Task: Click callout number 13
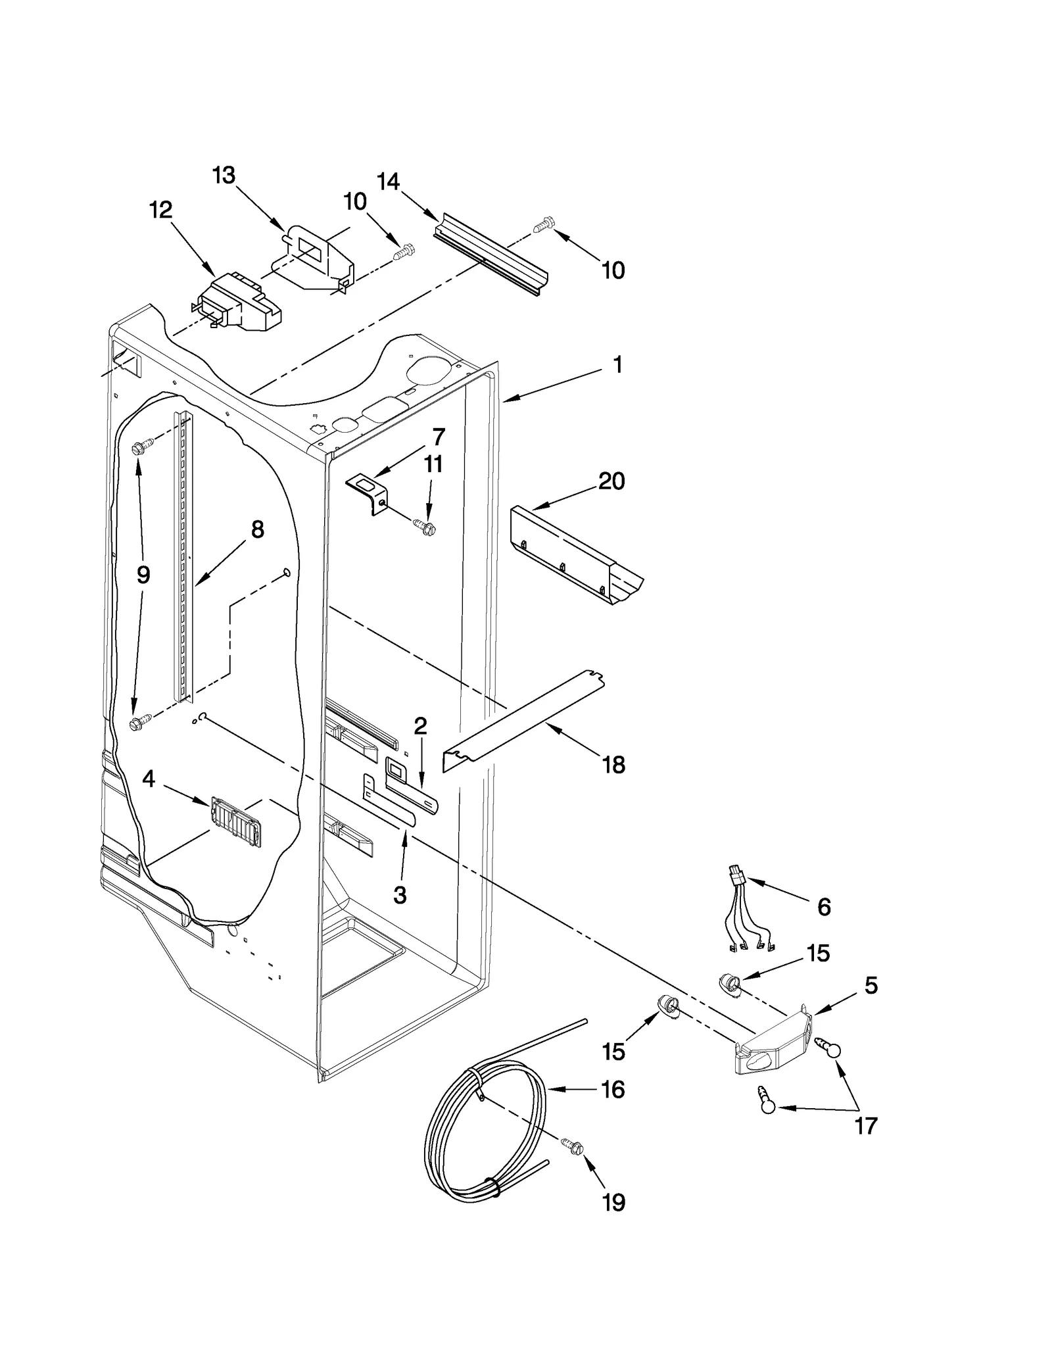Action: (x=224, y=176)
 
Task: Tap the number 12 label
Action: (x=160, y=210)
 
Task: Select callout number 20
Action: (x=611, y=481)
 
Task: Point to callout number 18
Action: (x=613, y=765)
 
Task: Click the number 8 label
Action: (x=257, y=529)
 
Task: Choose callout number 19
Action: (x=613, y=1203)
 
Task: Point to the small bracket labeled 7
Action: (x=367, y=490)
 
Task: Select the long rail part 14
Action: (x=490, y=255)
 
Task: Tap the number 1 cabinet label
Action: (x=617, y=365)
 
